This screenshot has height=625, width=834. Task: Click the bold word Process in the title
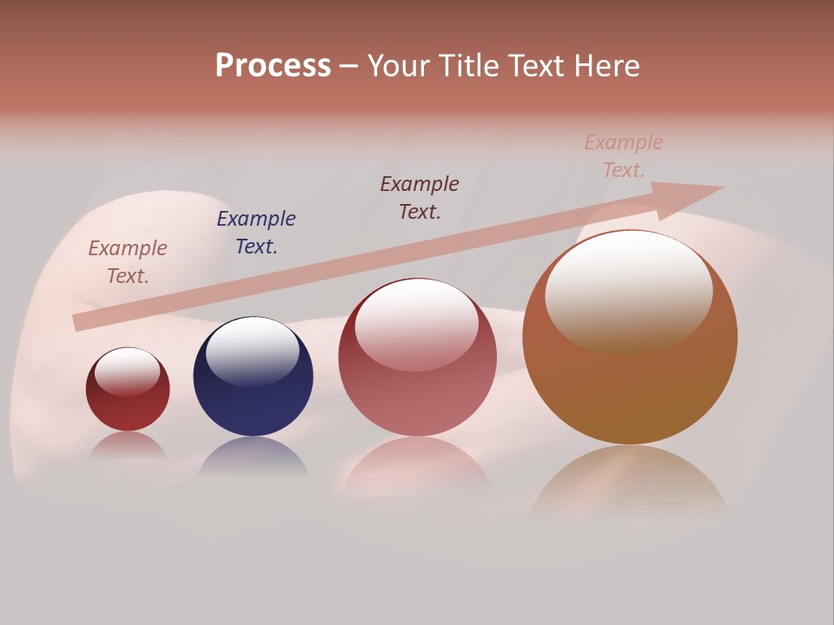click(x=273, y=66)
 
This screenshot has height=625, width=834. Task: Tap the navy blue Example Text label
click(x=256, y=233)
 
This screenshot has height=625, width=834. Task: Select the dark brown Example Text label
click(x=420, y=198)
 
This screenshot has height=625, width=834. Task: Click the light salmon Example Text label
click(x=624, y=156)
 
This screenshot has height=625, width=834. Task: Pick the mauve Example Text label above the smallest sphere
click(x=128, y=262)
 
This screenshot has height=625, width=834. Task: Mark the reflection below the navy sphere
click(x=253, y=457)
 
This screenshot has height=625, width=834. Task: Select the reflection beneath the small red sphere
click(x=128, y=446)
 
